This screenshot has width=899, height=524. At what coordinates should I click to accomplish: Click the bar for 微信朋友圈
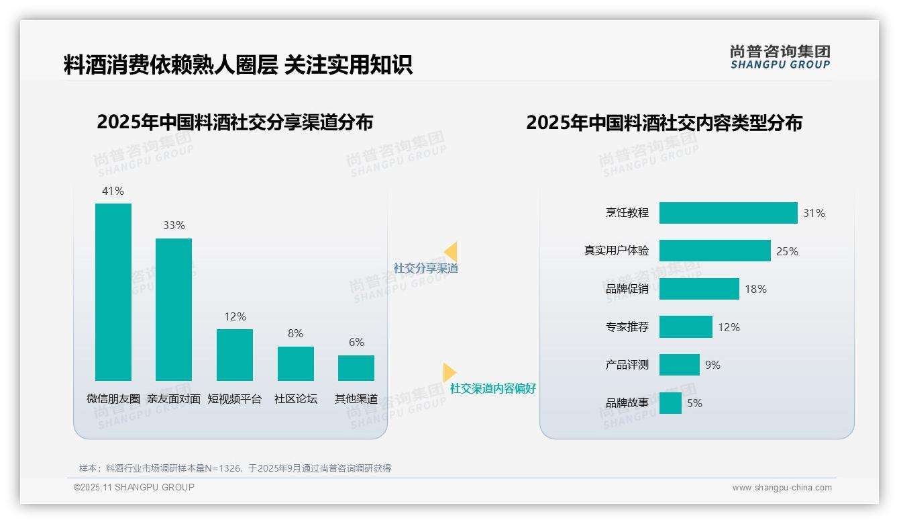click(x=113, y=292)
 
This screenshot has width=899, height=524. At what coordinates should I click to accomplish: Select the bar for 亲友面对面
click(x=174, y=309)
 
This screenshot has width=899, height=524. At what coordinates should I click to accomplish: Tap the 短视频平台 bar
click(x=235, y=355)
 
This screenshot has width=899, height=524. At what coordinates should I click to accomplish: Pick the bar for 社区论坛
click(x=295, y=363)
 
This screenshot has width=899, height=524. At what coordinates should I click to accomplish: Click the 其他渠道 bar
click(x=356, y=367)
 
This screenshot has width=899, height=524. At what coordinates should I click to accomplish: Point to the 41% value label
click(x=113, y=191)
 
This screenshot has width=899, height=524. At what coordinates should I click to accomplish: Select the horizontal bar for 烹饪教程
click(x=728, y=213)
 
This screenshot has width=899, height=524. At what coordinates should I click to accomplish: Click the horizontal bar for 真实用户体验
click(x=715, y=251)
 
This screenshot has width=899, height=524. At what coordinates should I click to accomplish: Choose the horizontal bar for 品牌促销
click(x=699, y=289)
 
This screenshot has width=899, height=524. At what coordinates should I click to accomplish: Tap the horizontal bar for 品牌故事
click(x=670, y=403)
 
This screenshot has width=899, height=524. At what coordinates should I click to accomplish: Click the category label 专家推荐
click(x=627, y=327)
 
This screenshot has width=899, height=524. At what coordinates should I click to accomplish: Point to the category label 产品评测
click(x=627, y=365)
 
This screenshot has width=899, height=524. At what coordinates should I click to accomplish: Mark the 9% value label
click(x=712, y=365)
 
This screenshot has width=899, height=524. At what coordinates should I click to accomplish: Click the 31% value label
click(x=814, y=213)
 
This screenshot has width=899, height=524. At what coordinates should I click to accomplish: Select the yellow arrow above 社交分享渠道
click(x=451, y=252)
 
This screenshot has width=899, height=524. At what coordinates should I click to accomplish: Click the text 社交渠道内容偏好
click(x=492, y=388)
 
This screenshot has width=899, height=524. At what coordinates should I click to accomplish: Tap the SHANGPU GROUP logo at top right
click(x=780, y=56)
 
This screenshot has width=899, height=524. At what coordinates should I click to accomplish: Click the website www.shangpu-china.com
click(x=782, y=488)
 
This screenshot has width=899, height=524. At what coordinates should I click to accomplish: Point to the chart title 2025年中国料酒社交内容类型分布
click(x=664, y=123)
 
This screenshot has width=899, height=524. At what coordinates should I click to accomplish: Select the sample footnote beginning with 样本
click(x=235, y=468)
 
